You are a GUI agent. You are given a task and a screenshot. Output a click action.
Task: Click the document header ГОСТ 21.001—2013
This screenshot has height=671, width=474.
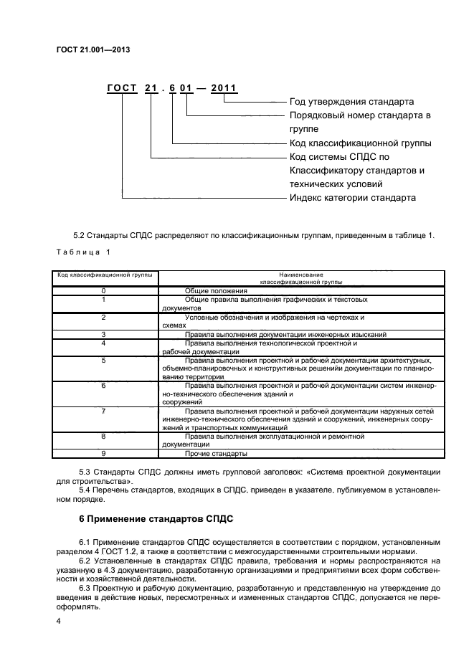tap(93, 50)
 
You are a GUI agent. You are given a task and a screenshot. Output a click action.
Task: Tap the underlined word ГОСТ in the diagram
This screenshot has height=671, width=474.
tap(123, 89)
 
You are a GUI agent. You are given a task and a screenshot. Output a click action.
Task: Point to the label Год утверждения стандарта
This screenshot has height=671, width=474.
tap(351, 102)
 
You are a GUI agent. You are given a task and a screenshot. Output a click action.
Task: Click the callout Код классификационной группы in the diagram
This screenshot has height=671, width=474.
tap(360, 143)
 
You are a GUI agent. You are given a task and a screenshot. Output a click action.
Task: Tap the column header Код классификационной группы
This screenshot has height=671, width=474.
tap(104, 275)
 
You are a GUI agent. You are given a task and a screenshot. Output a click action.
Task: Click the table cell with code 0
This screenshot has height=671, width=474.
tap(104, 290)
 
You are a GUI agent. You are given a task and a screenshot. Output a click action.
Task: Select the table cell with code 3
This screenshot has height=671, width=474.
tap(104, 334)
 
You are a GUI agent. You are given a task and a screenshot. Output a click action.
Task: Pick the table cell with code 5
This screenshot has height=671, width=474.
tap(104, 360)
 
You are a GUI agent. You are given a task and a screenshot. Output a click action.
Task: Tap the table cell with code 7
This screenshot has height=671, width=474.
tap(104, 411)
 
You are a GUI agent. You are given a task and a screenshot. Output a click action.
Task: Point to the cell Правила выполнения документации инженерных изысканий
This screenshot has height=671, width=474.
tap(285, 334)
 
